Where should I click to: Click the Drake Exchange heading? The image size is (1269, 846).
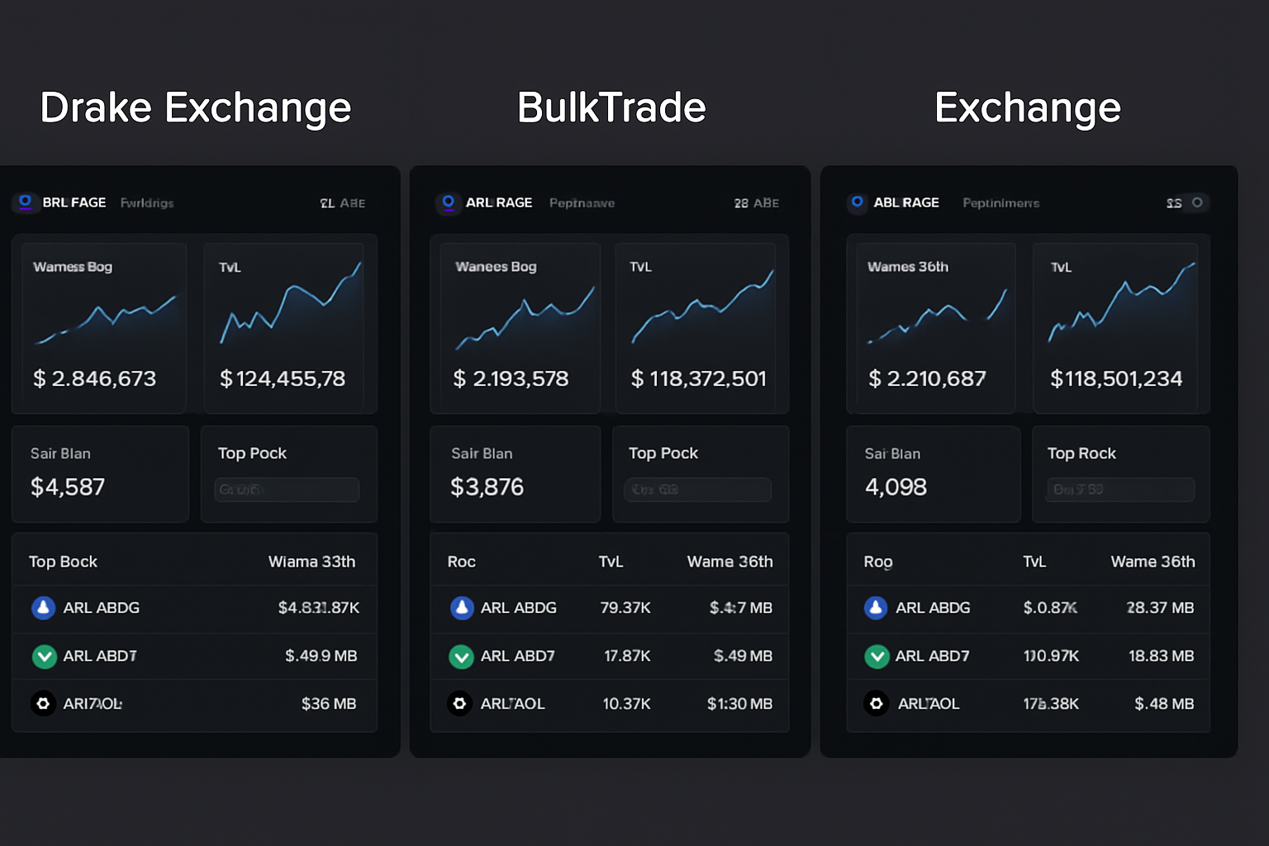[x=196, y=108]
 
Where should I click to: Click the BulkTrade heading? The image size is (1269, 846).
[x=611, y=108]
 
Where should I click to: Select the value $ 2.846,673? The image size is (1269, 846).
[x=94, y=378]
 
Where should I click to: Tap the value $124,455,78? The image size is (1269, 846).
[x=283, y=378]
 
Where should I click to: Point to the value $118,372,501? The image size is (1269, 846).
[x=699, y=378]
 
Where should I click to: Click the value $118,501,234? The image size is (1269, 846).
[x=1116, y=378]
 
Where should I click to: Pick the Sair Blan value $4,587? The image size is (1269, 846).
[x=68, y=487]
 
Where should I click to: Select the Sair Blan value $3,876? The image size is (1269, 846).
[x=487, y=487]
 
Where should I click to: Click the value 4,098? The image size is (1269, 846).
[x=896, y=487]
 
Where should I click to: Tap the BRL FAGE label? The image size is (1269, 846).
[x=74, y=202]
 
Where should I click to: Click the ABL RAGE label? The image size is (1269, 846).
[x=906, y=202]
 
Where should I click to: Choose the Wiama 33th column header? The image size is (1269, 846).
[x=311, y=562]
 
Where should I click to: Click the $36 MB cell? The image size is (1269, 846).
[x=328, y=704]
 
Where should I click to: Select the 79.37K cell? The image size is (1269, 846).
[x=625, y=608]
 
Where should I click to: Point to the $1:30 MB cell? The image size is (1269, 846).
[x=739, y=704]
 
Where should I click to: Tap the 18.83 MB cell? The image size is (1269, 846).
[x=1161, y=656]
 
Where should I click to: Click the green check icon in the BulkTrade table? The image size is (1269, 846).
[x=460, y=656]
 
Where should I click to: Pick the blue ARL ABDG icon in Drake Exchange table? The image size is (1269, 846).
[x=43, y=608]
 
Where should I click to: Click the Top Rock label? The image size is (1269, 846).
[x=1081, y=454]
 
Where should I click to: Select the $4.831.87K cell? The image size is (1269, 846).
[x=318, y=608]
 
